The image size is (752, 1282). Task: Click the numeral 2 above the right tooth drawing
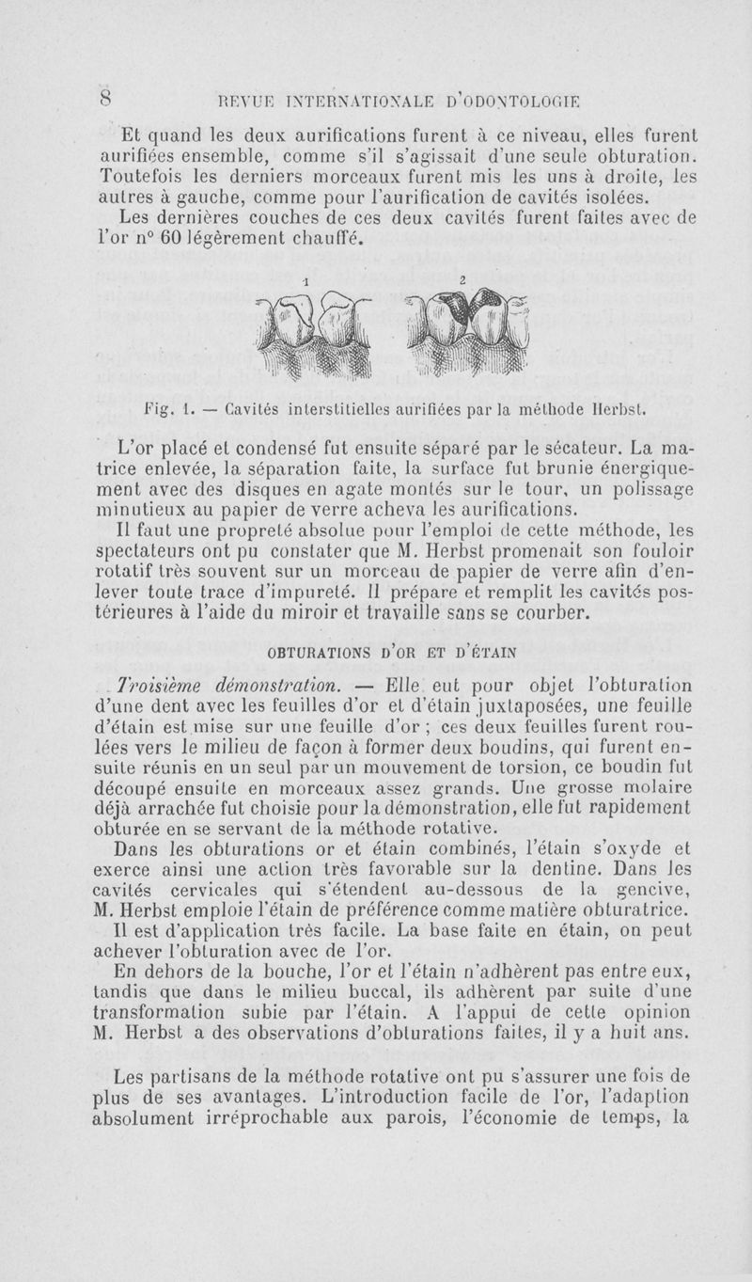click(x=463, y=280)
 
